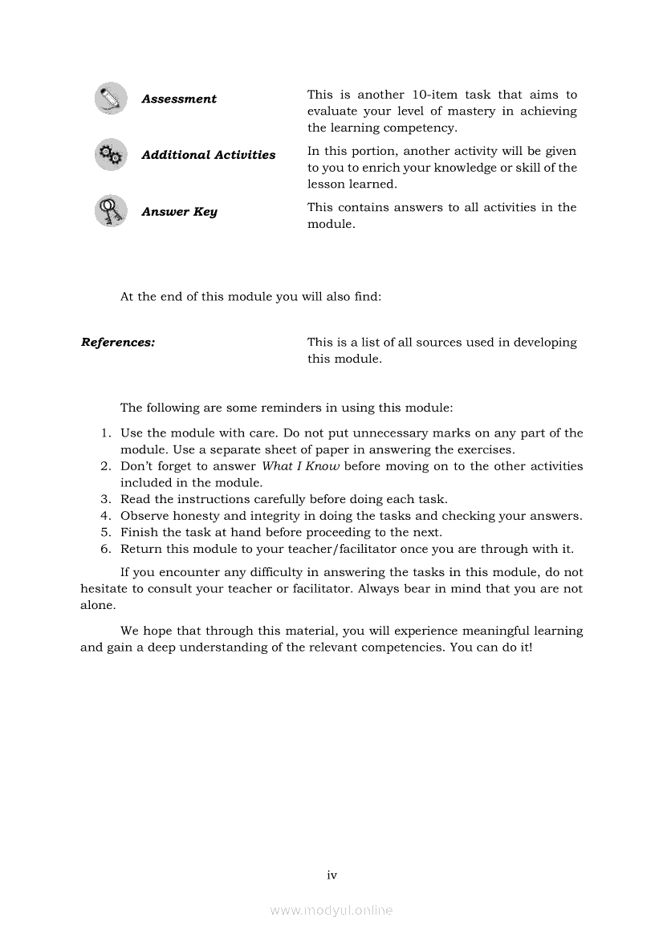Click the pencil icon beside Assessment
110,99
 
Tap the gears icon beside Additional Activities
110,155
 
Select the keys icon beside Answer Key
110,211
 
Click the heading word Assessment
179,99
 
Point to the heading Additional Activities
208,155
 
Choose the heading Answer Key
179,212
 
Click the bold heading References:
118,343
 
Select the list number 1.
106,433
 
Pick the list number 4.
106,516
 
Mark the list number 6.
106,550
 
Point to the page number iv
331,875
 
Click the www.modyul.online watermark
331,911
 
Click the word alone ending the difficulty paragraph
96,606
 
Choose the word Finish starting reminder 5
139,533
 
